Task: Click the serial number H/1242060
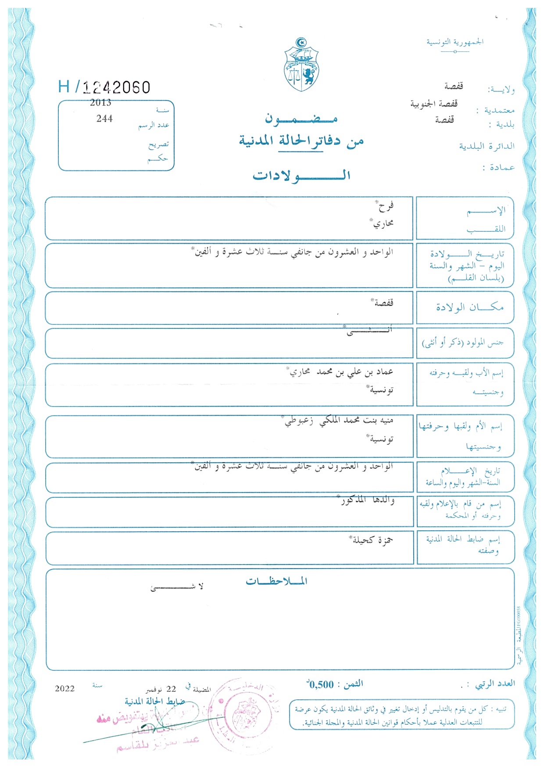pyautogui.click(x=104, y=87)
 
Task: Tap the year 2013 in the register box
pyautogui.click(x=100, y=103)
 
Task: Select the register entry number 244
pyautogui.click(x=104, y=119)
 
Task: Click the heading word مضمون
pyautogui.click(x=301, y=119)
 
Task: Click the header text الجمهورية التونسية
pyautogui.click(x=455, y=42)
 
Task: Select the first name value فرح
pyautogui.click(x=385, y=205)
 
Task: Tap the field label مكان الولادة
pyautogui.click(x=469, y=307)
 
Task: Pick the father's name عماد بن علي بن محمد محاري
pyautogui.click(x=341, y=372)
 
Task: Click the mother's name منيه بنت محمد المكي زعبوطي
pyautogui.click(x=339, y=421)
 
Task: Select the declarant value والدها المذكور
pyautogui.click(x=368, y=500)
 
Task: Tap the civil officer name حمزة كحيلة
pyautogui.click(x=373, y=540)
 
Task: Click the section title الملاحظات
pyautogui.click(x=276, y=582)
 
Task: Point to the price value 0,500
pyautogui.click(x=321, y=684)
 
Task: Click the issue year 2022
pyautogui.click(x=64, y=688)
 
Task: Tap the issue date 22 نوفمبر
pyautogui.click(x=161, y=689)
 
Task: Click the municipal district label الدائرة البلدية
pyautogui.click(x=487, y=146)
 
